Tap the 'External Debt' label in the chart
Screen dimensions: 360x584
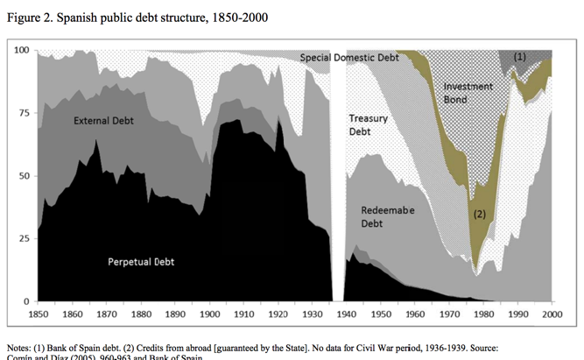pyautogui.click(x=106, y=120)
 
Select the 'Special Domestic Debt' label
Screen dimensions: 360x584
pyautogui.click(x=348, y=58)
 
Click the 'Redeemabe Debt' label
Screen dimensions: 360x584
pyautogui.click(x=387, y=217)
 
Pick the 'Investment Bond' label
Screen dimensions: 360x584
pyautogui.click(x=468, y=92)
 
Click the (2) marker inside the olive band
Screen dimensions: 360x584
pyautogui.click(x=479, y=213)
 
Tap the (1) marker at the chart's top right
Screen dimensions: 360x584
pyautogui.click(x=519, y=56)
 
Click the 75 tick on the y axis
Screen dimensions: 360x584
pyautogui.click(x=25, y=113)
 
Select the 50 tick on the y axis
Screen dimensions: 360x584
pyautogui.click(x=25, y=176)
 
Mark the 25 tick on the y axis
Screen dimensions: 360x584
pyautogui.click(x=25, y=239)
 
